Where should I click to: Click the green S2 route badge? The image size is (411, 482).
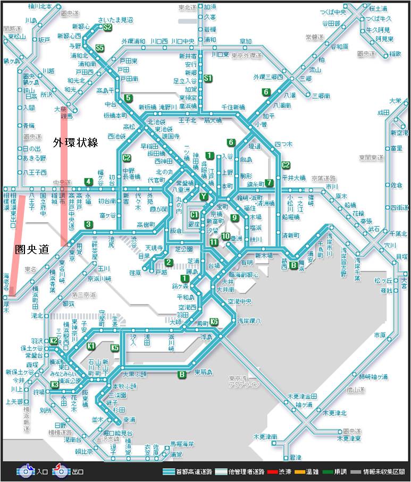[107, 27]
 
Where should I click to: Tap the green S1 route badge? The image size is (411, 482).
[208, 79]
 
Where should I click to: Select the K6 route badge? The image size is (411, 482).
[214, 322]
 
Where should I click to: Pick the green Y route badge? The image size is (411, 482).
[204, 196]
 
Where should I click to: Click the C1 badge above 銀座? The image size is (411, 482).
[195, 215]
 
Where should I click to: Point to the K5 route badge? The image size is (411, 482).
[115, 348]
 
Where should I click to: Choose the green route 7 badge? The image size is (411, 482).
[270, 183]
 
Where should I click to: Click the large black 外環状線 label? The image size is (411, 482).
[76, 142]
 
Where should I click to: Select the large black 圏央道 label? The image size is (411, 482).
[32, 248]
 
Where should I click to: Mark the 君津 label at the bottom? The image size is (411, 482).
[296, 458]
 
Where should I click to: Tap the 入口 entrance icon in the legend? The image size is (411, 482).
[26, 471]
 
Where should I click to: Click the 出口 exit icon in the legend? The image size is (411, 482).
[61, 471]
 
